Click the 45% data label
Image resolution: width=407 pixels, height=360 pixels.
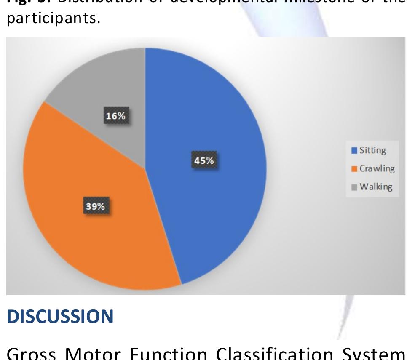[203, 160]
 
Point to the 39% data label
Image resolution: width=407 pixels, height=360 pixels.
[95, 206]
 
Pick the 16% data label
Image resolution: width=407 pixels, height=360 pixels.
[115, 116]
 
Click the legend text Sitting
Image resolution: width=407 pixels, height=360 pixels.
[372, 150]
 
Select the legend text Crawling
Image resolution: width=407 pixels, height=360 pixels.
[377, 168]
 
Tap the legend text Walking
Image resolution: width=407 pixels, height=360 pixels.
[376, 187]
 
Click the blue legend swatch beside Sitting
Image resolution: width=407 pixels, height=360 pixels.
[354, 150]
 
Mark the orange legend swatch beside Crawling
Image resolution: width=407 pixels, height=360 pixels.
[354, 169]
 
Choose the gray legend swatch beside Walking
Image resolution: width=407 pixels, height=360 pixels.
[354, 187]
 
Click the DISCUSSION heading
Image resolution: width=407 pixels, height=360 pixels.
[60, 316]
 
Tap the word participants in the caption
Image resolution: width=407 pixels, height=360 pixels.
[53, 19]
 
